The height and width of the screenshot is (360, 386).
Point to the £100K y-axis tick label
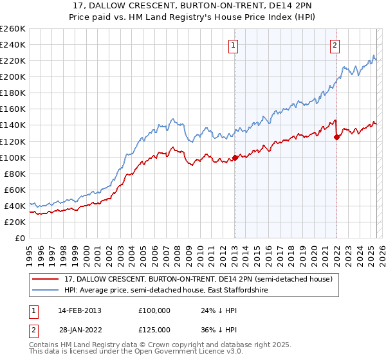[x=13, y=157]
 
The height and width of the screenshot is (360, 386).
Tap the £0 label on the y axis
[x=21, y=238]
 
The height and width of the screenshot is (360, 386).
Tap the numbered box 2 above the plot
[x=335, y=45]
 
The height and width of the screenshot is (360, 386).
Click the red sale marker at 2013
[x=235, y=157]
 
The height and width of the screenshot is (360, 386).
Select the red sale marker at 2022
[x=336, y=137]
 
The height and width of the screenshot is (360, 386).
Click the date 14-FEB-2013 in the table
[x=79, y=310]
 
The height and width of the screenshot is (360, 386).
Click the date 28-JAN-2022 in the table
[x=79, y=329]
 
